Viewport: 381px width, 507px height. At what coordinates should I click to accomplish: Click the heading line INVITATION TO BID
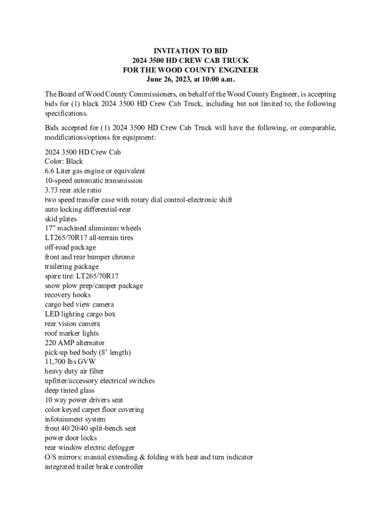point(190,51)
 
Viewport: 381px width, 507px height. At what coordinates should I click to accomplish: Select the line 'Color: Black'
point(64,161)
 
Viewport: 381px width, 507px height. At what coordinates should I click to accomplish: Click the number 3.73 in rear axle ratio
point(51,190)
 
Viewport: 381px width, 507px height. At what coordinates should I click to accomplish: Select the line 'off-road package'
point(70,248)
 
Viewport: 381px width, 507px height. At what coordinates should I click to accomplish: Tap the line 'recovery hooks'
point(68,295)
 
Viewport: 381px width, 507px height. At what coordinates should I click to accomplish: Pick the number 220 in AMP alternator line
point(50,343)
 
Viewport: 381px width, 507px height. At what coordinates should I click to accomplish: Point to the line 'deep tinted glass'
point(69,390)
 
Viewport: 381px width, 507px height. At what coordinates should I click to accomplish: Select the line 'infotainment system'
point(75,419)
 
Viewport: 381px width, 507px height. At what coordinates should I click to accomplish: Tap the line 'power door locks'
point(71,438)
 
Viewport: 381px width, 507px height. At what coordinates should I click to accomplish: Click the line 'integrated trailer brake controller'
point(94,467)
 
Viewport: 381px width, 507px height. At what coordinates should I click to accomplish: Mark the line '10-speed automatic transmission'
point(94,181)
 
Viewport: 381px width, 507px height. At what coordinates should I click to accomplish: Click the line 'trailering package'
point(71,266)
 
